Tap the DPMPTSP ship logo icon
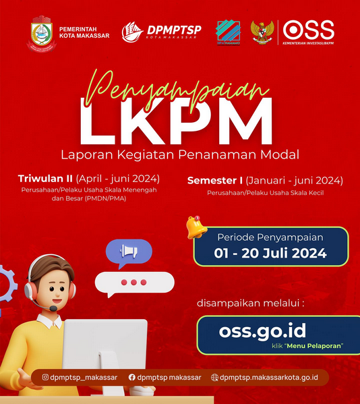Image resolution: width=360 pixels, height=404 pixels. point(132,32)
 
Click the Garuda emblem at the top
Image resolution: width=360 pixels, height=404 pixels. point(262,32)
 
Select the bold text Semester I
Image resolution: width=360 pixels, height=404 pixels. point(215,181)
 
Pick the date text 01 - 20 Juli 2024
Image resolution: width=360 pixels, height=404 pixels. point(270,254)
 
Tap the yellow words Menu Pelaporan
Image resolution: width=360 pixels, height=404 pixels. point(315,346)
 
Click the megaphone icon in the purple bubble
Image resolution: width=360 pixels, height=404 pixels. point(128,252)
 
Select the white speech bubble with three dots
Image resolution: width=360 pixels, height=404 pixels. point(133,283)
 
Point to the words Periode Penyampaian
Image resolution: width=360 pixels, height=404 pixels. point(270,237)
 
